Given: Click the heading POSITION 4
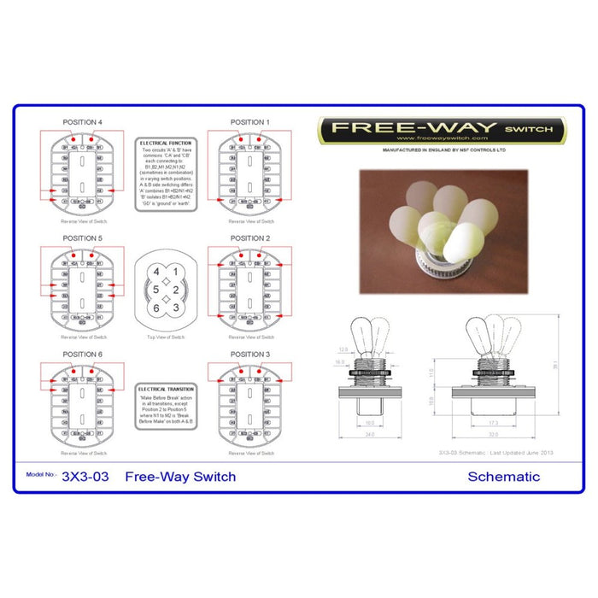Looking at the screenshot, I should coord(83,122).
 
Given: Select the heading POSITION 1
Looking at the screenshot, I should coord(249,122).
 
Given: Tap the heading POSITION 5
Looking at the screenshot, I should coord(83,238).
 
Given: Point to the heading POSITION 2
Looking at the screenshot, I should coord(249,238).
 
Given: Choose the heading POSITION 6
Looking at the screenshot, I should coord(83,354).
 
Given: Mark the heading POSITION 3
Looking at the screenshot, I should coord(249,354).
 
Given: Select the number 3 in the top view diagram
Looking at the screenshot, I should coord(176,307).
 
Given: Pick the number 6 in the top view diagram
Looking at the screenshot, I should coord(156,307).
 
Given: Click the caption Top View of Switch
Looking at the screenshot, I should coord(167,337).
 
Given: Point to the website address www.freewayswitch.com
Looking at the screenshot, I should coord(442,138).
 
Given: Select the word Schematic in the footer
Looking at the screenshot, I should coord(503,476).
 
